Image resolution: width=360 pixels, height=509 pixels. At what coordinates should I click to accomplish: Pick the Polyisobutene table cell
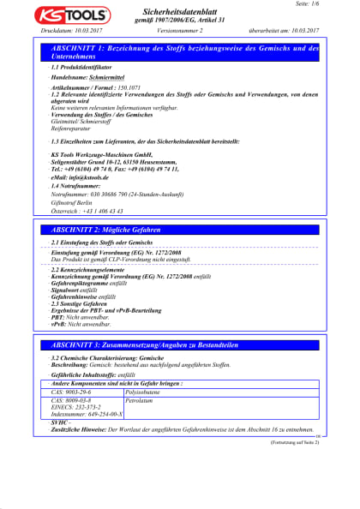click(x=145, y=392)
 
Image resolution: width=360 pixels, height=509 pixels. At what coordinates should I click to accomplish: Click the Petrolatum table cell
click(x=139, y=399)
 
